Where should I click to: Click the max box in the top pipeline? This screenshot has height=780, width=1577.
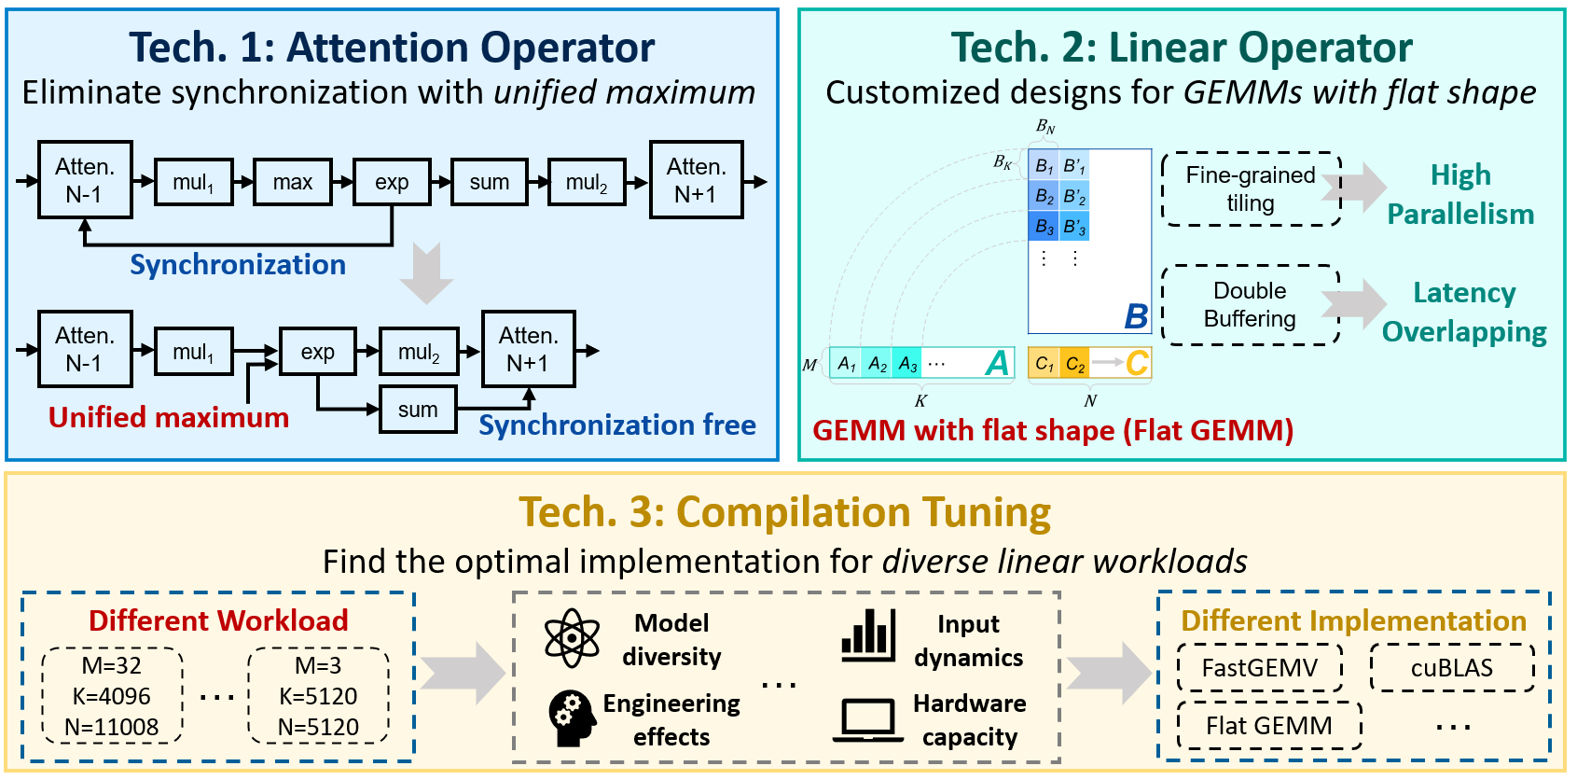(x=292, y=182)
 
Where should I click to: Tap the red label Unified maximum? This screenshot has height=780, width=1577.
(x=169, y=417)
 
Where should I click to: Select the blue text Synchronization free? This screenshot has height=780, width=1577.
(x=616, y=425)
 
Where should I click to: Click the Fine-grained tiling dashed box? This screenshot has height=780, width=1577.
(x=1250, y=189)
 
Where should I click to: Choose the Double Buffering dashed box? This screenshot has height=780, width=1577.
(x=1250, y=305)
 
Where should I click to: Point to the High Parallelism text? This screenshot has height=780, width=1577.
(x=1460, y=194)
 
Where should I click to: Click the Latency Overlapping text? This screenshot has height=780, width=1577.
(x=1464, y=312)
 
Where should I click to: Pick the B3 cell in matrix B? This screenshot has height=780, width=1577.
(x=1044, y=227)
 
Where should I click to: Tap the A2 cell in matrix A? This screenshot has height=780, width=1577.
(x=878, y=364)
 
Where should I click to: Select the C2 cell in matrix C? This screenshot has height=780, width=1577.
(x=1074, y=364)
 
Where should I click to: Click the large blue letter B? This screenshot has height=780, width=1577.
(x=1136, y=316)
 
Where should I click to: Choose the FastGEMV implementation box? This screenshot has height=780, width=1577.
(x=1259, y=668)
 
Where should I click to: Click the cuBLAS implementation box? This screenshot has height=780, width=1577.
(x=1451, y=668)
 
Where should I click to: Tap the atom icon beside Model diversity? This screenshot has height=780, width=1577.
(x=572, y=638)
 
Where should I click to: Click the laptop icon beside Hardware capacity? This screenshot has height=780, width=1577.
(x=867, y=720)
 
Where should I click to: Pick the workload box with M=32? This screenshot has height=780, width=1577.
(x=112, y=696)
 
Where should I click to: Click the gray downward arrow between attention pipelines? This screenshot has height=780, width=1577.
(x=426, y=273)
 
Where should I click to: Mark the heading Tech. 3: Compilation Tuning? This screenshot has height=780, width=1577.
(x=785, y=512)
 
